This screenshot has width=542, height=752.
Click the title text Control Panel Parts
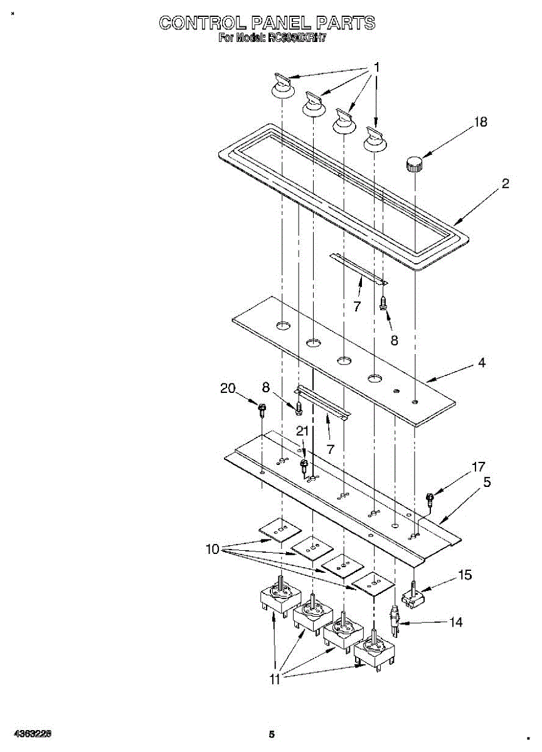pos(267,23)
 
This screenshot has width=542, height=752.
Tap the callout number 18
pos(480,122)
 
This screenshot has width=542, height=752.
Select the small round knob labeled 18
pos(413,164)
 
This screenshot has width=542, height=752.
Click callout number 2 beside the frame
pos(505,184)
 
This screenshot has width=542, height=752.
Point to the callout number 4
pos(482,362)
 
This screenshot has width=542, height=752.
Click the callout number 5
pos(487,483)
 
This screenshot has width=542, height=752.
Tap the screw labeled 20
pos(262,410)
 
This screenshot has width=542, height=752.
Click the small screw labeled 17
pos(430,499)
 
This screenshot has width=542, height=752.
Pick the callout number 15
pos(465,575)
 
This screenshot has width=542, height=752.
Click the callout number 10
pos(213,550)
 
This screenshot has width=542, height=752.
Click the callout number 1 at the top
pos(376,66)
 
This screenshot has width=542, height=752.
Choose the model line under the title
pos(273,38)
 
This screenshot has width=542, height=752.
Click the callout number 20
pos(228,389)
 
